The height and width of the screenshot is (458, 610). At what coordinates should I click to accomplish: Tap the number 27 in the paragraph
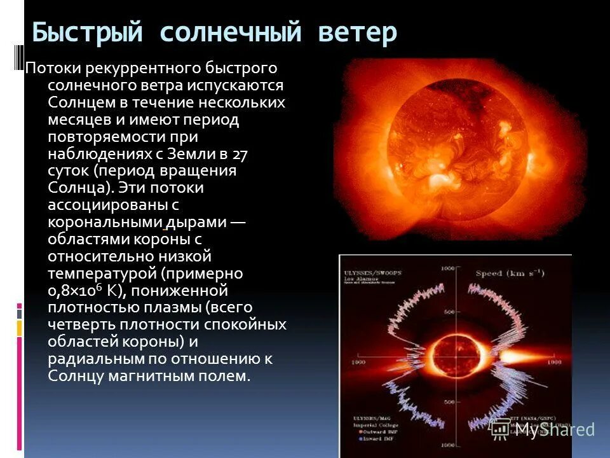240,154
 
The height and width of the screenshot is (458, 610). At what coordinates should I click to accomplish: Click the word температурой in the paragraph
102,274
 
